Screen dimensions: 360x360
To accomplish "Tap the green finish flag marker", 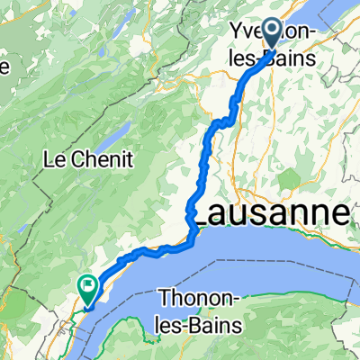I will click(x=88, y=290).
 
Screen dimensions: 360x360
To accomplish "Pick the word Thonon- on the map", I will click(x=197, y=297).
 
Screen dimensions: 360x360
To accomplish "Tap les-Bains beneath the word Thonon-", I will click(x=197, y=320).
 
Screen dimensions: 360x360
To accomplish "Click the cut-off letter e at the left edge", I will click(x=4, y=67).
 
